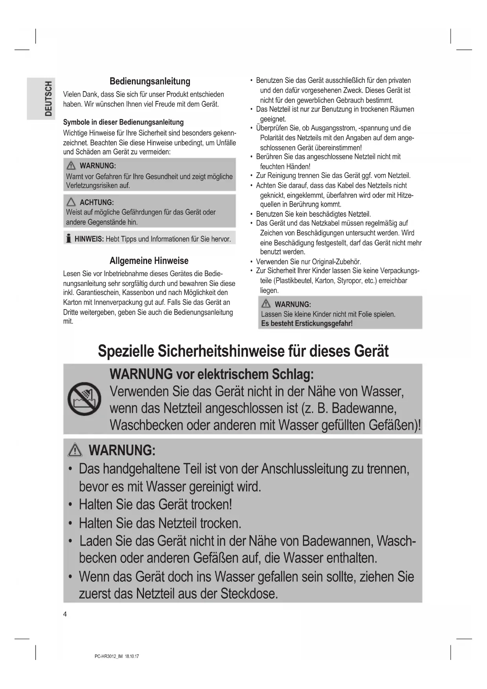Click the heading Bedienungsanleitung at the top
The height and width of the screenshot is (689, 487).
(150, 81)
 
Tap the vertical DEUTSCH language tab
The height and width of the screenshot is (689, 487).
(48, 99)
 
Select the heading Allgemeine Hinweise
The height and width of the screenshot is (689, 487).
(149, 261)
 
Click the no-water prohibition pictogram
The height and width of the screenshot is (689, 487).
(84, 399)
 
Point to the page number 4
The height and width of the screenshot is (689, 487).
(65, 614)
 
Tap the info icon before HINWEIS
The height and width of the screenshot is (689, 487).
(69, 238)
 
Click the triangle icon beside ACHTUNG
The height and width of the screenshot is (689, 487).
(71, 202)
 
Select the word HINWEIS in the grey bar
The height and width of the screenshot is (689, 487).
(89, 239)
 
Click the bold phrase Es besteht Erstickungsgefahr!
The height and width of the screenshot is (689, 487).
(306, 324)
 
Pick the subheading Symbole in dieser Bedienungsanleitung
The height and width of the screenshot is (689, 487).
(123, 122)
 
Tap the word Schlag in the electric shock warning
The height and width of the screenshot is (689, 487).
(292, 374)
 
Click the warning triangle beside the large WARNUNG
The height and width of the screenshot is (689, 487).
(75, 450)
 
